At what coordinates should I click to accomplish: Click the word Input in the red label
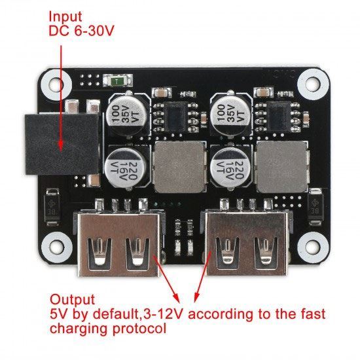(x=65, y=17)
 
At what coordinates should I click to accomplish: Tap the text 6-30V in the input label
(x=94, y=31)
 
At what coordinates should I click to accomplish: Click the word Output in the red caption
(x=72, y=300)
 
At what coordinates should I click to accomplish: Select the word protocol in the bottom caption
(x=139, y=329)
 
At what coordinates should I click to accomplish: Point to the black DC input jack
(x=62, y=144)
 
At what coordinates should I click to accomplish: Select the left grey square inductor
(x=179, y=167)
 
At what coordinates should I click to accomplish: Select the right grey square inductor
(x=282, y=167)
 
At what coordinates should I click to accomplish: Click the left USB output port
(x=119, y=244)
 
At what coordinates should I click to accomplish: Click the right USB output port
(x=247, y=243)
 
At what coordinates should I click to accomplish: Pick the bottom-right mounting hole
(x=312, y=245)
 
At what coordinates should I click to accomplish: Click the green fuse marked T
(x=117, y=81)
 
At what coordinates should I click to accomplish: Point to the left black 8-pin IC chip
(x=175, y=117)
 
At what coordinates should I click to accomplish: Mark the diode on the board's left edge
(x=52, y=207)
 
